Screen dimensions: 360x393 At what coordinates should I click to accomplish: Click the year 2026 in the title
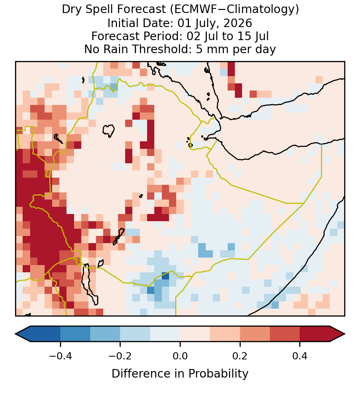click(238, 23)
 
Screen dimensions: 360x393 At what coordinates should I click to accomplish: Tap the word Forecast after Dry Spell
click(141, 10)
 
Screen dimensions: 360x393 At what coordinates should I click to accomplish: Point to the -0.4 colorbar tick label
click(60, 356)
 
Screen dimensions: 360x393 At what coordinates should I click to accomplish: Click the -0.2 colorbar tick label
click(120, 356)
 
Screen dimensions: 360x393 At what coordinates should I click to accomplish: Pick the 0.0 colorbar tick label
click(180, 356)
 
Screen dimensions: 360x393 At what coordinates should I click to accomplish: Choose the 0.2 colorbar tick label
click(240, 356)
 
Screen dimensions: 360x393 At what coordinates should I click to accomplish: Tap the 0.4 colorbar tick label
click(300, 356)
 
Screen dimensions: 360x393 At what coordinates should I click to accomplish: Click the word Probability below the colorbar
click(218, 374)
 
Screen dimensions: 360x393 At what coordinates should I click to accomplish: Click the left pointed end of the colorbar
click(15, 334)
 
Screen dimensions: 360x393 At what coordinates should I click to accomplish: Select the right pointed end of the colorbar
click(345, 334)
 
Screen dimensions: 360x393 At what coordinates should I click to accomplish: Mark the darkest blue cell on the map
click(165, 276)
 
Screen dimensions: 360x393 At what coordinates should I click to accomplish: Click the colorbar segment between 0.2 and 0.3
click(255, 334)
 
